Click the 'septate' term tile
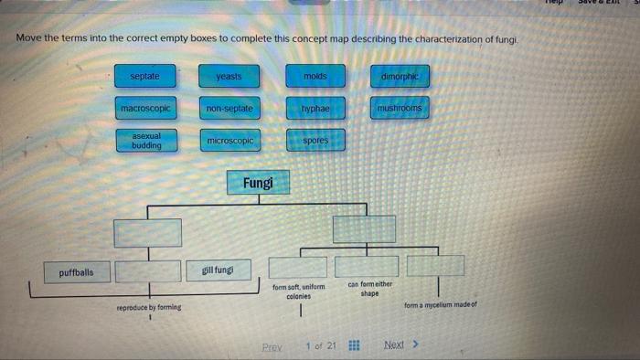tap(144, 77)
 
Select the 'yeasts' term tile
tap(229, 77)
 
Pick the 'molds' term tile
tap(315, 77)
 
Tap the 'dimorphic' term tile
tap(400, 77)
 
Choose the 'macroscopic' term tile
tap(144, 109)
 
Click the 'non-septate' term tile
tap(229, 109)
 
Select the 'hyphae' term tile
tap(315, 109)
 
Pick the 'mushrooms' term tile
tap(400, 109)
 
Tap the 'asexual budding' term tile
tap(145, 141)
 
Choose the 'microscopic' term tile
tap(229, 141)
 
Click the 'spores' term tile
tap(315, 141)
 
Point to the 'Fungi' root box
tap(258, 184)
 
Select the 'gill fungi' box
tap(218, 270)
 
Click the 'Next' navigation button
tap(400, 345)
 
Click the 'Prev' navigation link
tap(272, 347)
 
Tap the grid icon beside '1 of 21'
tap(354, 346)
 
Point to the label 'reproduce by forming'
tap(148, 308)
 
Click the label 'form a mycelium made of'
tap(439, 305)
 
